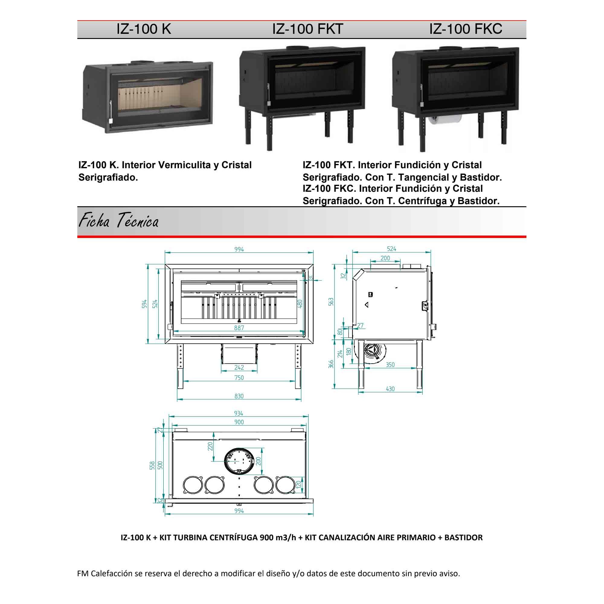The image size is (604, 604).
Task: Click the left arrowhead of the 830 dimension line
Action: tap(178, 400)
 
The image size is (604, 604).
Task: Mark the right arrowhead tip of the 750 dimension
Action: tap(295, 381)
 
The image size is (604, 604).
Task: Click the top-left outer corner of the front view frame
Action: tap(165, 264)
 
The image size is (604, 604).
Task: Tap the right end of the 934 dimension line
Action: tap(308, 416)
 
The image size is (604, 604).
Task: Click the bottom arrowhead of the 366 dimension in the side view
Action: tap(335, 388)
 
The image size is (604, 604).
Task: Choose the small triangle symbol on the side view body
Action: tap(367, 304)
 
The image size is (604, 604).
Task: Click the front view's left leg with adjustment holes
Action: tap(180, 366)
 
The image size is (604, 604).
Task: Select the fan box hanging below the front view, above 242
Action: tap(239, 354)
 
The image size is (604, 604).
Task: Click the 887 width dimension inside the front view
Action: tap(239, 328)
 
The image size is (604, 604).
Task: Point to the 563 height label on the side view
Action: tap(331, 302)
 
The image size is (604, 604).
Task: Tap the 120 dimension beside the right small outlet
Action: tap(299, 485)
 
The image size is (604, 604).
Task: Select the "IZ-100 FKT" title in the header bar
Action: tap(308, 29)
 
